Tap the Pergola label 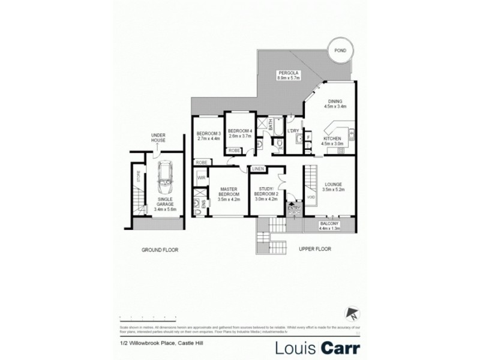pyautogui.click(x=288, y=76)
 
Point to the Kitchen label pyautogui.click(x=332, y=141)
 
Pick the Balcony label pyautogui.click(x=329, y=226)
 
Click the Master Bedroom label pyautogui.click(x=229, y=194)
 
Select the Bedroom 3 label pyautogui.click(x=208, y=136)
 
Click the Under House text pyautogui.click(x=158, y=138)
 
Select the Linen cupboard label pyautogui.click(x=259, y=169)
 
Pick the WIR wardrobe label pyautogui.click(x=202, y=178)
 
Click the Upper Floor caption pyautogui.click(x=314, y=248)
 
